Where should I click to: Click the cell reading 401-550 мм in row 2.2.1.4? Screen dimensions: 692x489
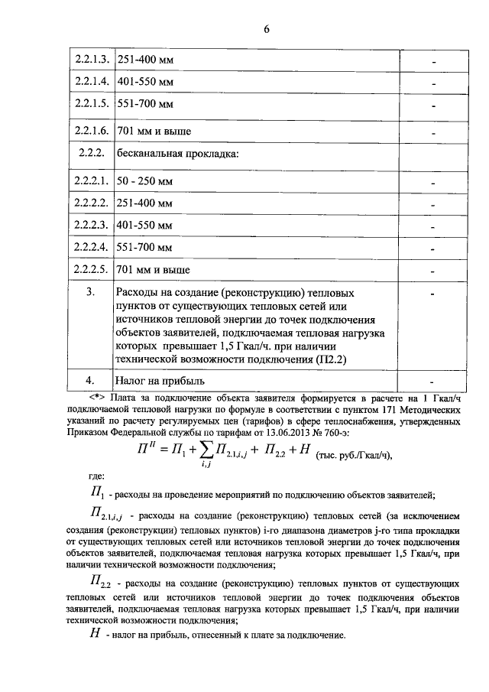(x=144, y=80)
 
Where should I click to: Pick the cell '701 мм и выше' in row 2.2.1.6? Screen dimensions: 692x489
(x=153, y=132)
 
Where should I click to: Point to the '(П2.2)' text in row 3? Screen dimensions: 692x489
(x=337, y=359)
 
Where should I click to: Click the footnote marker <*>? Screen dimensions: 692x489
(x=96, y=397)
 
